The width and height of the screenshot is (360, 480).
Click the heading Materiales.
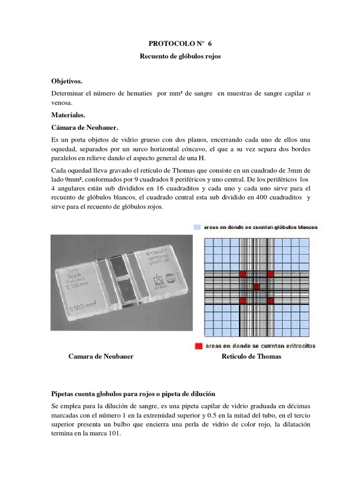point(67,114)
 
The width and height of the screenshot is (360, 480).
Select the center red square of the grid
point(256,287)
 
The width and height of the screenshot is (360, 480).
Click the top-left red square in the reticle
point(242,273)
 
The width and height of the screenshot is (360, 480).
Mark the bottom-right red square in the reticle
point(270,300)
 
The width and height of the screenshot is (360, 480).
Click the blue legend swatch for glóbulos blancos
point(197,227)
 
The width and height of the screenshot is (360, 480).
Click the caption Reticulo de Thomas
point(251,357)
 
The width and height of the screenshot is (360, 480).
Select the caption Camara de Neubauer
point(101,357)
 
